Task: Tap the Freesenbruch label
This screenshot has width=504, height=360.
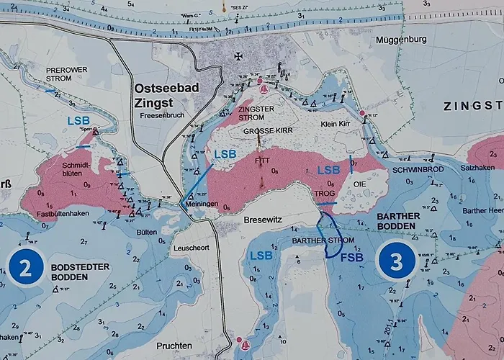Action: [x=163, y=114]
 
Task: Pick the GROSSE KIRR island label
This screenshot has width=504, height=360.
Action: [x=264, y=132]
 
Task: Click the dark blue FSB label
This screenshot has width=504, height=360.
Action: [x=352, y=257]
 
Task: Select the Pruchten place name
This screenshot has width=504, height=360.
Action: [x=176, y=346]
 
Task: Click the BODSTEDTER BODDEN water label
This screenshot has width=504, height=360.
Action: [x=78, y=271]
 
